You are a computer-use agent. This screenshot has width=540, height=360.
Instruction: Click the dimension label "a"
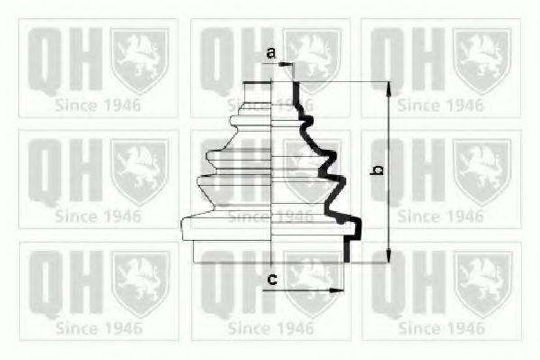[270, 54]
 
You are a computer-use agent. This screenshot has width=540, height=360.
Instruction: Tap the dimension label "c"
[270, 280]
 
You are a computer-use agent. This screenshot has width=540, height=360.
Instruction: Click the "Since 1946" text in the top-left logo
[97, 106]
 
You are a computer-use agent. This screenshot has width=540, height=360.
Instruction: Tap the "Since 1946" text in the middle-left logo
[97, 217]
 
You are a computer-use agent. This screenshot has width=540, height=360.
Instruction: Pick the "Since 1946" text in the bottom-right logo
[440, 328]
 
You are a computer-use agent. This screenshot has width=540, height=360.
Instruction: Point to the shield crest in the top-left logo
[139, 59]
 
